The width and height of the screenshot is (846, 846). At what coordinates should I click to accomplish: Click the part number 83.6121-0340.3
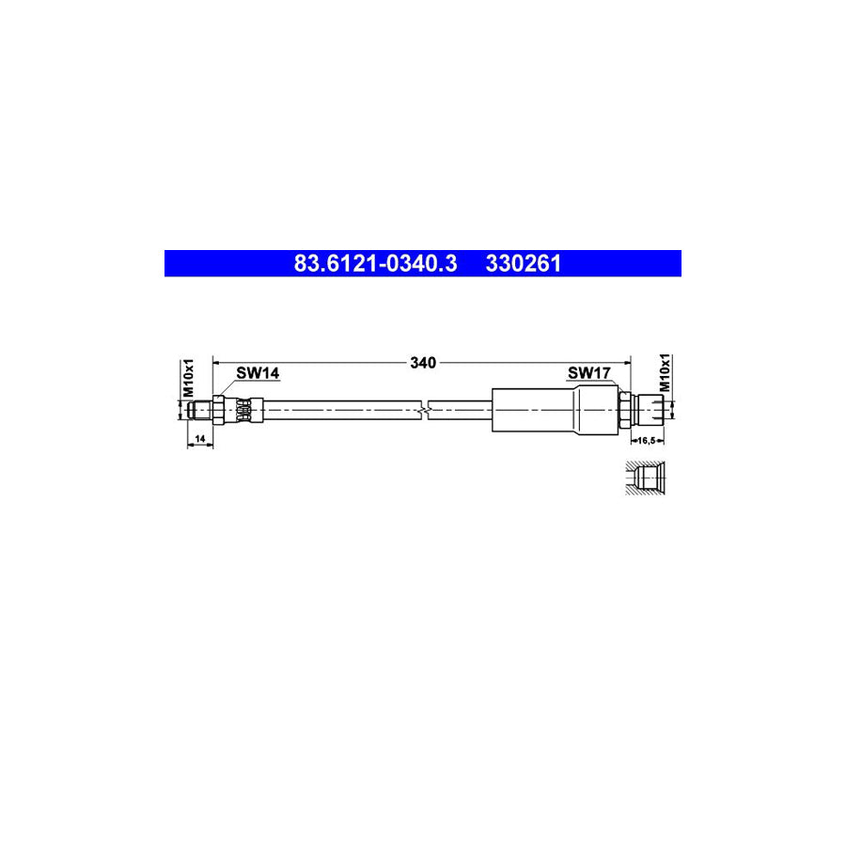point(375,263)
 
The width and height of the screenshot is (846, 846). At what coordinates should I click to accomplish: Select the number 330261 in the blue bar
point(524,263)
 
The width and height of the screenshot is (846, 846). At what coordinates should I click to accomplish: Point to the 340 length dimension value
point(423,363)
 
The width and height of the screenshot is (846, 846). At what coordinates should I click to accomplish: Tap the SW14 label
point(258,373)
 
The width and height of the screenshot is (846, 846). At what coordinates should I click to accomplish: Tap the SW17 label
point(589,373)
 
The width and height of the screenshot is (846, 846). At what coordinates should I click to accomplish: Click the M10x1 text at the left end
point(188,378)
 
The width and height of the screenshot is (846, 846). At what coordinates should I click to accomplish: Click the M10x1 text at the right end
point(665,373)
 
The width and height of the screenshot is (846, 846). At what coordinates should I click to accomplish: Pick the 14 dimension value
point(200,439)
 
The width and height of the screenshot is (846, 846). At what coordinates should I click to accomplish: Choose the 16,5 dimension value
point(647,440)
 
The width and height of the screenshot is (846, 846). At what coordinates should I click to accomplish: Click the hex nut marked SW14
point(218,410)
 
